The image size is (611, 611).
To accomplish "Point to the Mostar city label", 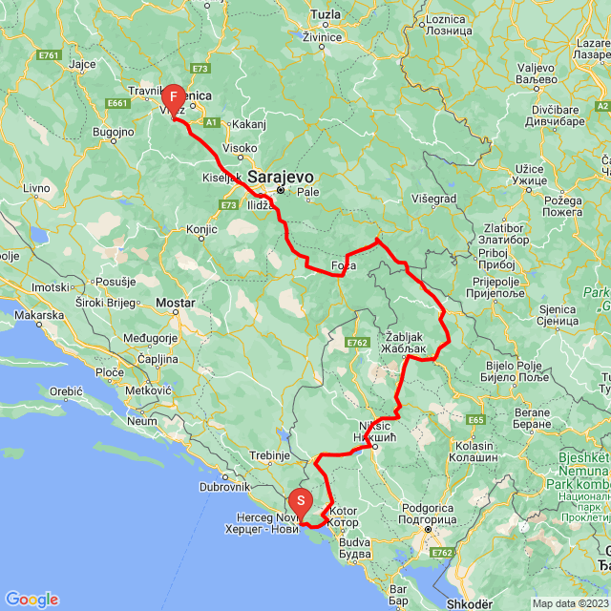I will tap(175, 303).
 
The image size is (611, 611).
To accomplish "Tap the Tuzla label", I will tap(326, 16).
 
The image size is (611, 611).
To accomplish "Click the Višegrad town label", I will tap(434, 199).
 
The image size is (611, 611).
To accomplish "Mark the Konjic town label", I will tap(202, 229).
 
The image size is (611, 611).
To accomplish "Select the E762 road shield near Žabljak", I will tap(358, 342).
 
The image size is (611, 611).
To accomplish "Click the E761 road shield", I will tap(51, 55).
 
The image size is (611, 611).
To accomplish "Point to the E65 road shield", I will tap(476, 418).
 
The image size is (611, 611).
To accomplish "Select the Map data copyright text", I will tap(568, 602).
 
